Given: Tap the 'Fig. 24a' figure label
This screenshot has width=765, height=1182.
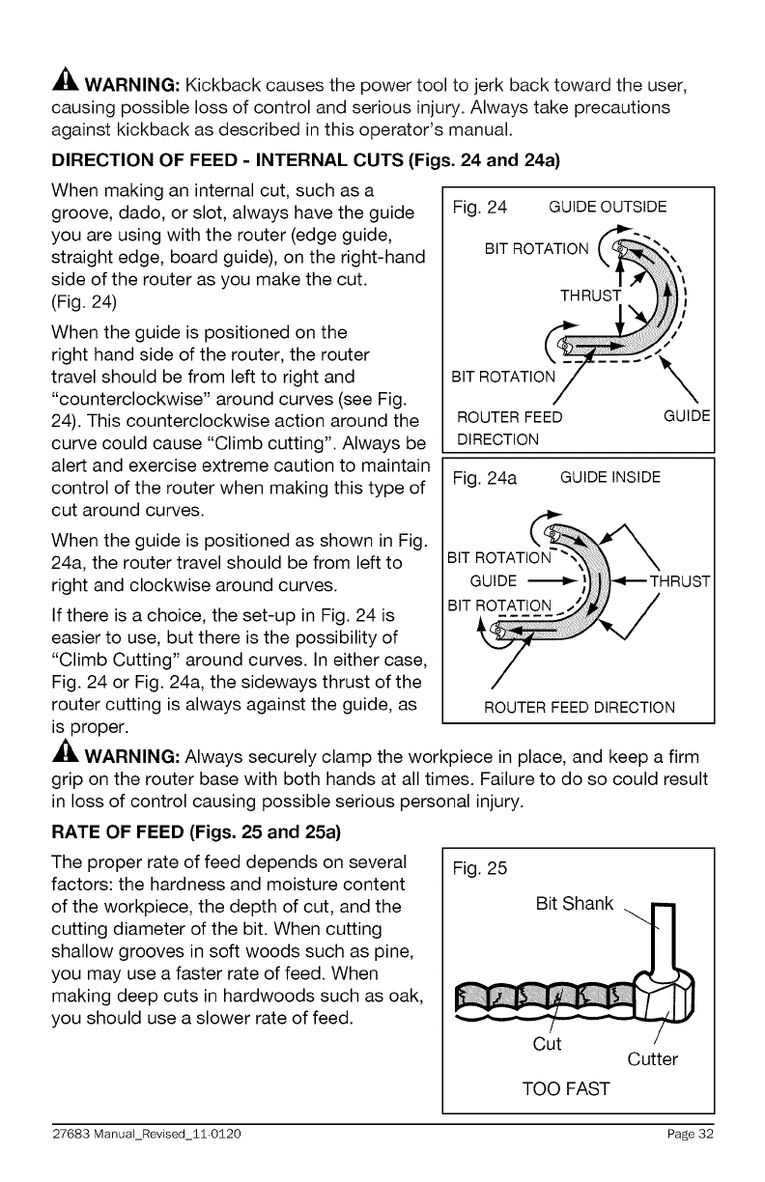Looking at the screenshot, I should (486, 477).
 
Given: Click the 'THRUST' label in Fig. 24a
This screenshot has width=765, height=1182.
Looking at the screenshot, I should (681, 581).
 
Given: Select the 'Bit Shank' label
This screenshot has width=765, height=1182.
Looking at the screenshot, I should (575, 904).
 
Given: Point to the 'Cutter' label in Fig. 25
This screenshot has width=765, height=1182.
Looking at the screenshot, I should (653, 1060).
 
